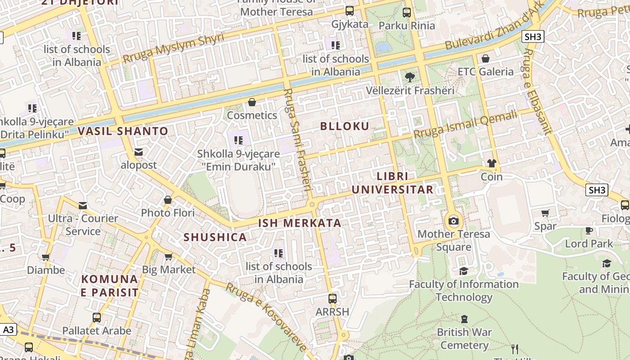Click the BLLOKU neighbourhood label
coord(344,126)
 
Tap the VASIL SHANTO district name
coord(123,131)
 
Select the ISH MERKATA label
coord(299,223)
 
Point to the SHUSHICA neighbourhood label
coord(215,237)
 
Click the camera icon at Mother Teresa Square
coord(454,221)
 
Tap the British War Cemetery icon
coord(464,319)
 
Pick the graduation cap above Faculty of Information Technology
coord(463,271)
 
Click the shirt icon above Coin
coord(491,163)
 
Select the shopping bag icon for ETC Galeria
coord(485,58)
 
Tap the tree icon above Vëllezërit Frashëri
coord(409,77)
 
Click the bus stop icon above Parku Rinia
coord(407,12)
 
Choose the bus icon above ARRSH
coord(332,299)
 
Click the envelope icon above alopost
coord(138,152)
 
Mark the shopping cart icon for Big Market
coord(168,256)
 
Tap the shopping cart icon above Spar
coord(545,213)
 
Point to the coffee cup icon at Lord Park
coord(589,230)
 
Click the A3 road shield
coord(9,330)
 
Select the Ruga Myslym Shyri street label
coord(173,48)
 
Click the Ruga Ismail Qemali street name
coord(465,125)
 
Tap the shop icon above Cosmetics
coord(252,102)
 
